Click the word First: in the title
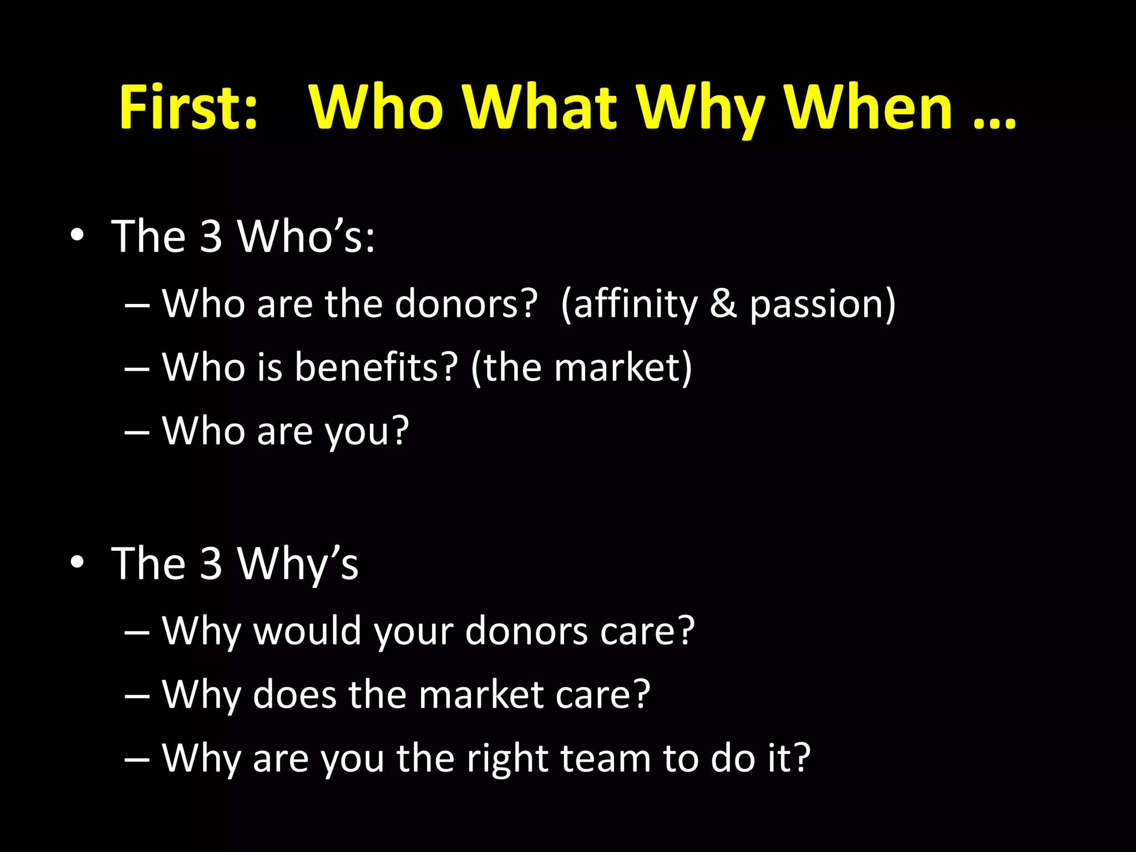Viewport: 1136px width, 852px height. (189, 107)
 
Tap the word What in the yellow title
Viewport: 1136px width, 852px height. (540, 107)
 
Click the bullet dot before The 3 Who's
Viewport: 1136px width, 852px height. (77, 235)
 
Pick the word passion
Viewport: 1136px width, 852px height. (815, 305)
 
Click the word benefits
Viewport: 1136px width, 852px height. (376, 367)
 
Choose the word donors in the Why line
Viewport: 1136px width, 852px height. (526, 631)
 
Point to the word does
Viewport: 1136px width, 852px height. (295, 694)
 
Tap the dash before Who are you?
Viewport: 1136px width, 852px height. (137, 432)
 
